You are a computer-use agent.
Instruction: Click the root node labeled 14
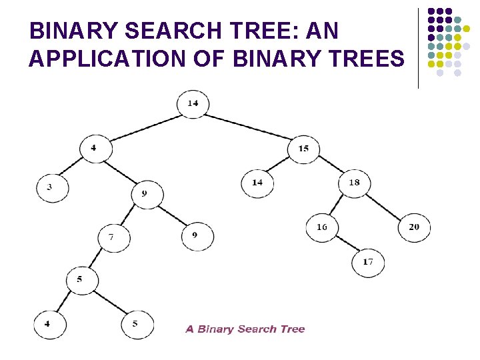[193, 103]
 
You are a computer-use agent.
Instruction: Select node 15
[303, 148]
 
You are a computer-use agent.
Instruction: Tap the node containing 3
[52, 188]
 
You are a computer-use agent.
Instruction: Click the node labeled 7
[113, 237]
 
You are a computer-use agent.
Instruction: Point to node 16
[322, 227]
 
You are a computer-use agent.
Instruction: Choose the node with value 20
[414, 227]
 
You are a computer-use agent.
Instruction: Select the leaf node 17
[368, 262]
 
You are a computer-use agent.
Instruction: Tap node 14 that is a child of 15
[257, 182]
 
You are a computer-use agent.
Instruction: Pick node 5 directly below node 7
[82, 280]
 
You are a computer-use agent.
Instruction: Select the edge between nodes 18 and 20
[385, 205]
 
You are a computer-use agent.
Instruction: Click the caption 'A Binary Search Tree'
[245, 329]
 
